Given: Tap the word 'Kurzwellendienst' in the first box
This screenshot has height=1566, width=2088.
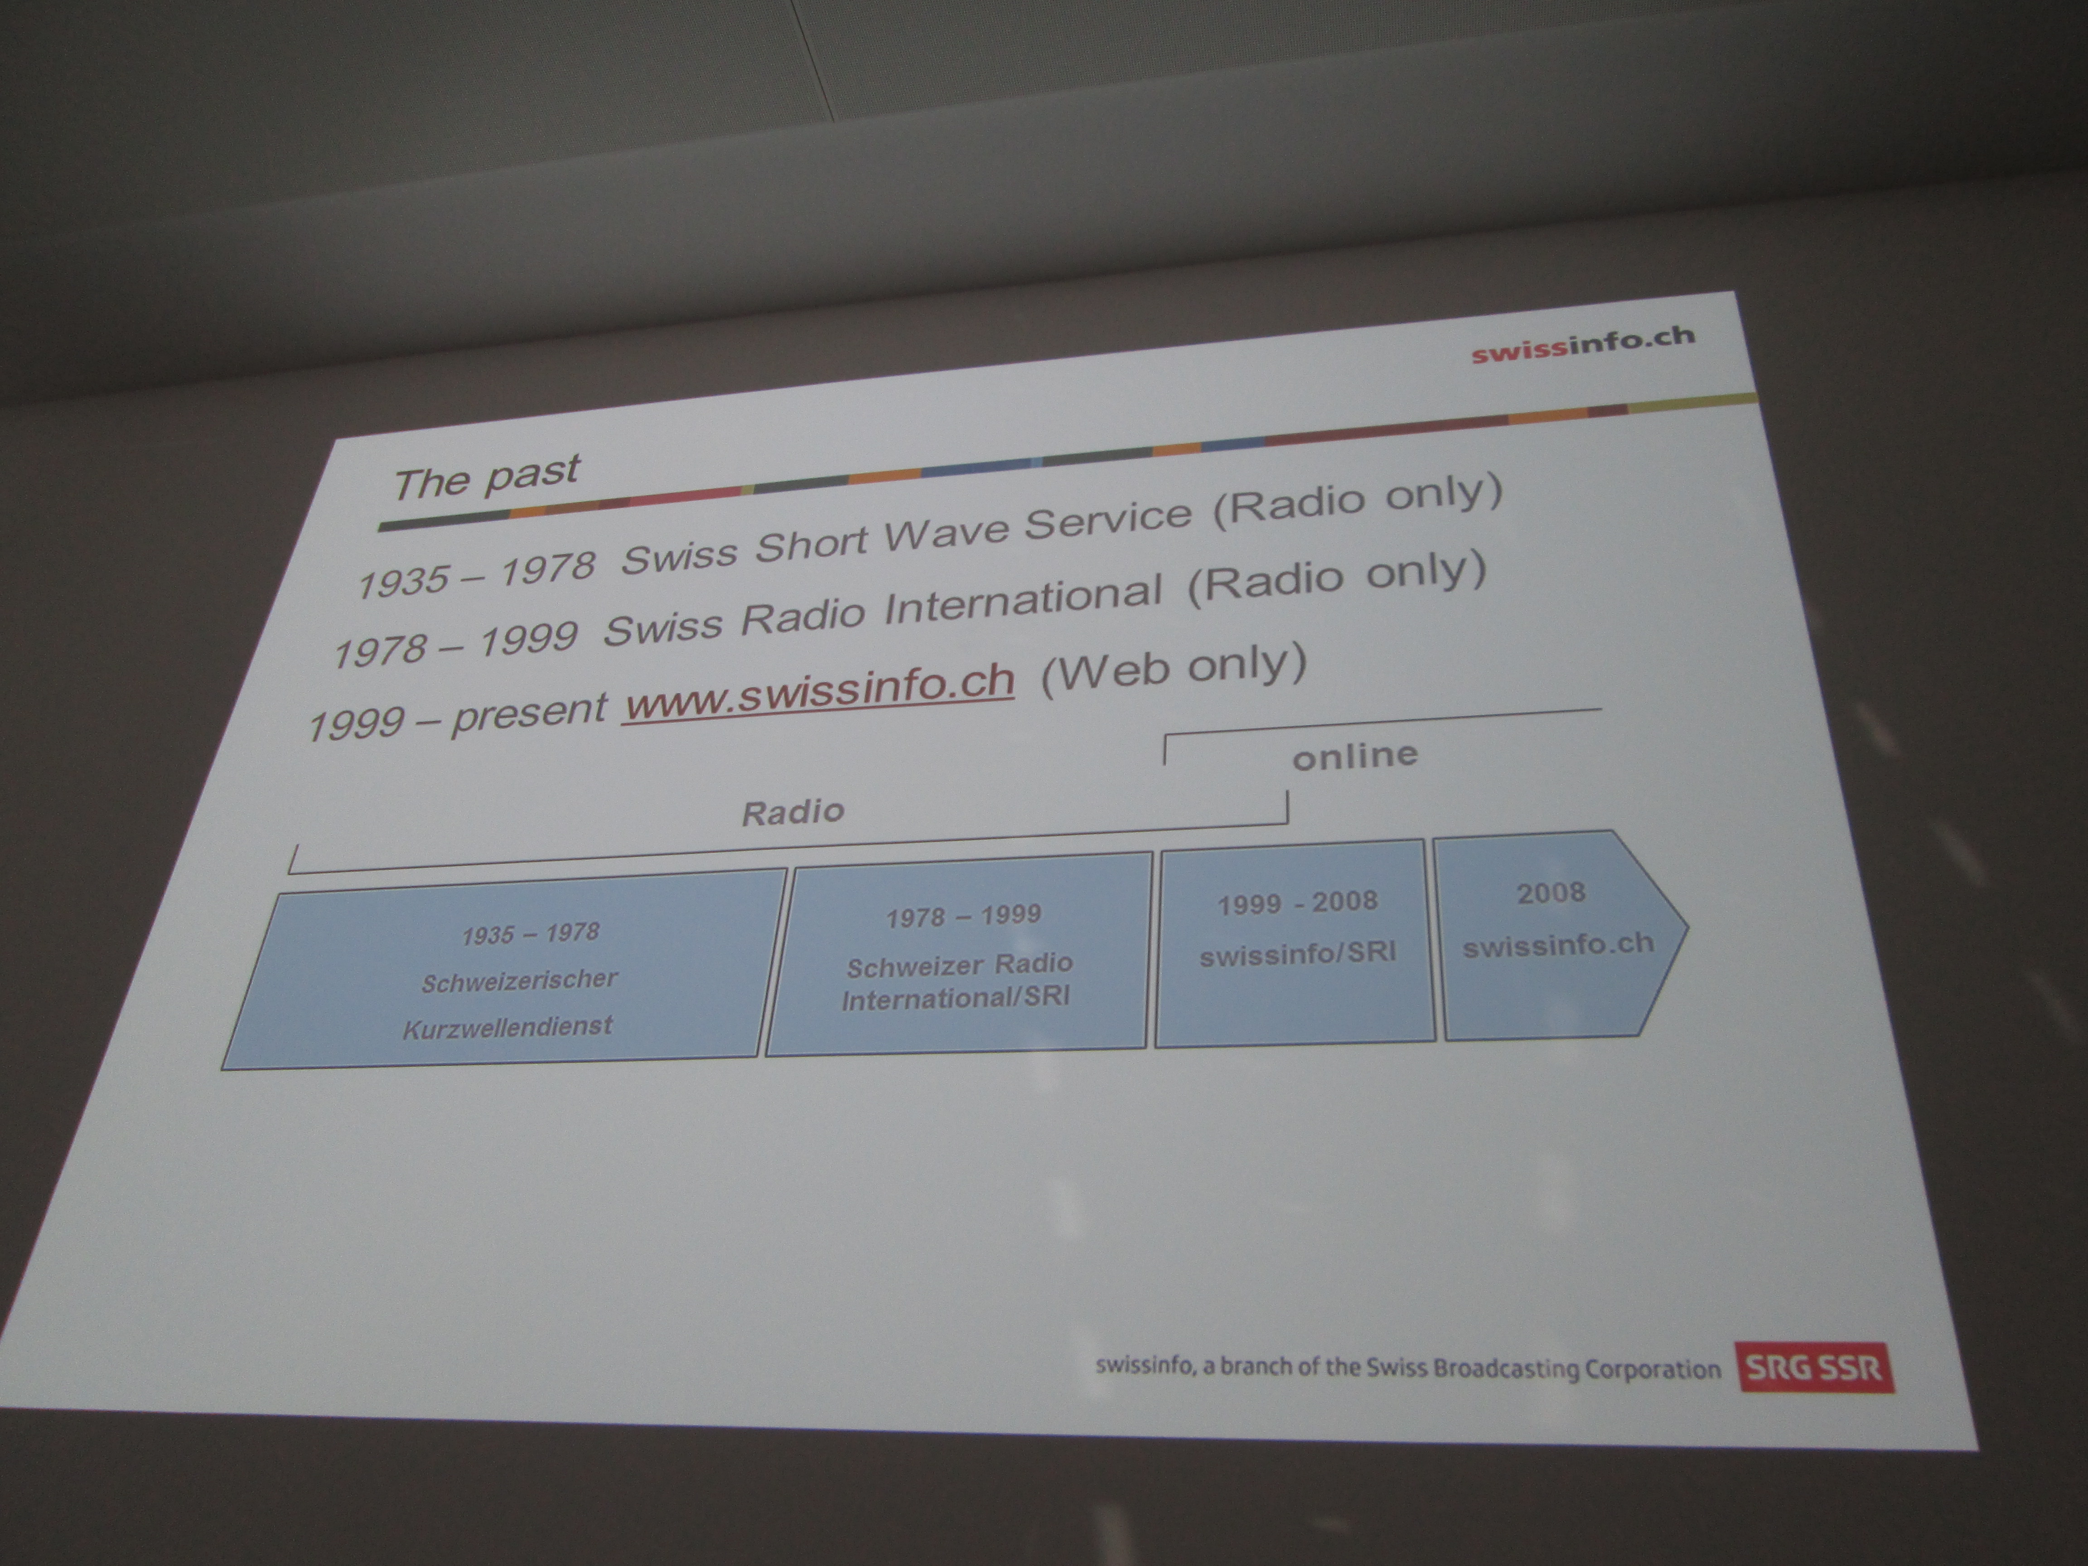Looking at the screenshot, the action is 508,1026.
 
